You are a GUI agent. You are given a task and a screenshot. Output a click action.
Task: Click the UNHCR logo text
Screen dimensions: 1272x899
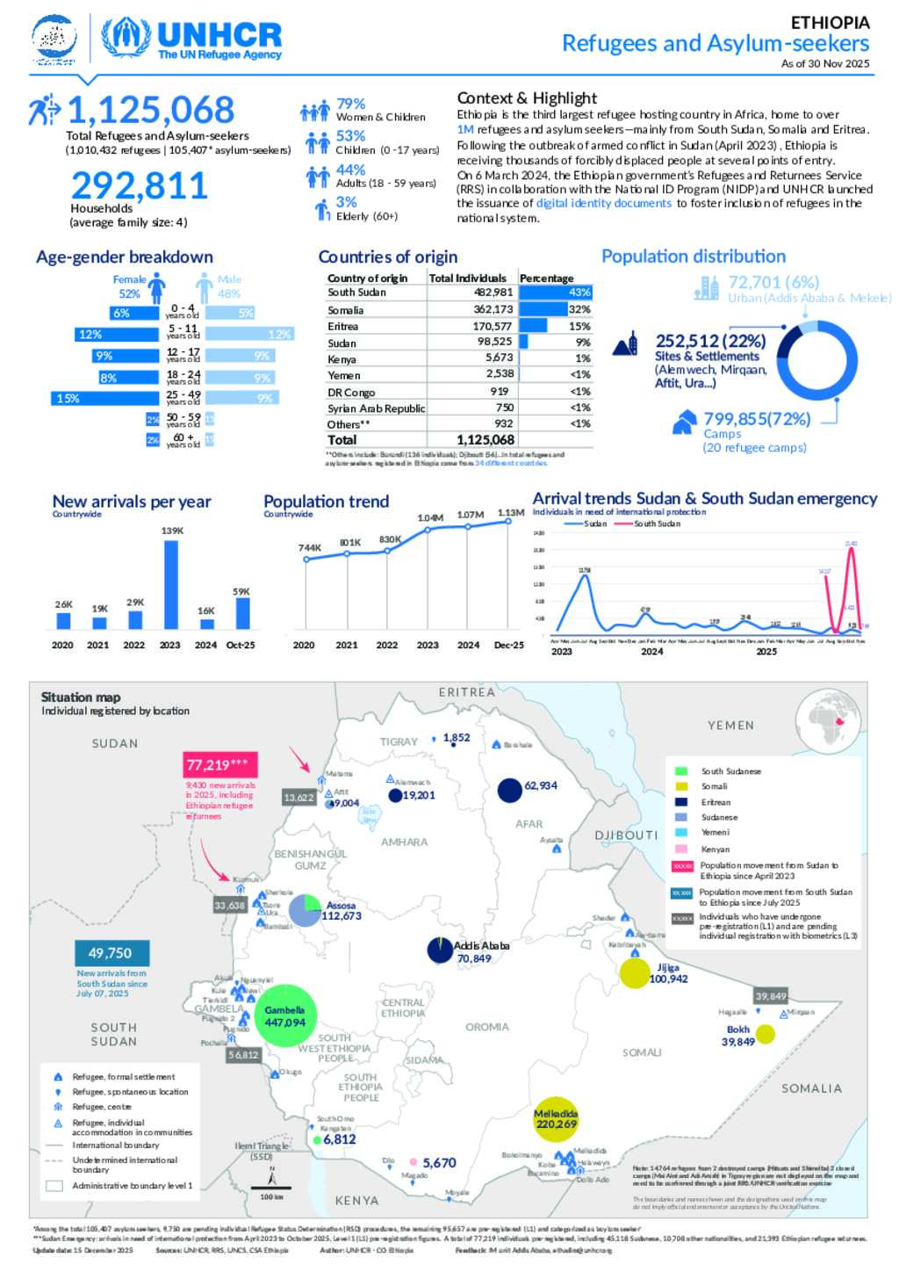(219, 35)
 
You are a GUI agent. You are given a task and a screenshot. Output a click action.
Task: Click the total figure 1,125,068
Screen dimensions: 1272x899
(151, 111)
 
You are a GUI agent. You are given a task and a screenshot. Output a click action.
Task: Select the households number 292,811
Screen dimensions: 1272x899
(139, 185)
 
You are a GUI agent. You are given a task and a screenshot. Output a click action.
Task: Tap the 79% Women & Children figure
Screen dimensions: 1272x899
(350, 104)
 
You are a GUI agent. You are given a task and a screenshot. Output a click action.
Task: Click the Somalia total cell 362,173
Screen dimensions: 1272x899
(493, 309)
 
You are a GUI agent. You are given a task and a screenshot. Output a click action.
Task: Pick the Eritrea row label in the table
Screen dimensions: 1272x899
(343, 326)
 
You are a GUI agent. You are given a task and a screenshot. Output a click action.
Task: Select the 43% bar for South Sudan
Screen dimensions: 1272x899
(556, 293)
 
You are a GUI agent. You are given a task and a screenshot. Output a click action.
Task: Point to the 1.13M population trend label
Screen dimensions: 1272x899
(511, 513)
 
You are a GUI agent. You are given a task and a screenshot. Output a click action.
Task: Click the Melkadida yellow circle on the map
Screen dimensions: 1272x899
(556, 1119)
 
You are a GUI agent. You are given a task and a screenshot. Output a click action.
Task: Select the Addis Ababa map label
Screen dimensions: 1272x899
(481, 945)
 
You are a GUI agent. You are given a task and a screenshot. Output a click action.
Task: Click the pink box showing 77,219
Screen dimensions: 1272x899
(219, 764)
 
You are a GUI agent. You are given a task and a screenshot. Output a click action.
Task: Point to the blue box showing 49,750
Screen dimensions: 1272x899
(111, 953)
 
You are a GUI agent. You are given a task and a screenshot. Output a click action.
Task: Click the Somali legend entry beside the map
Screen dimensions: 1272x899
(714, 786)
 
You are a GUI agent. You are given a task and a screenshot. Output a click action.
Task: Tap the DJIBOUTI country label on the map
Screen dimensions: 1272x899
(626, 835)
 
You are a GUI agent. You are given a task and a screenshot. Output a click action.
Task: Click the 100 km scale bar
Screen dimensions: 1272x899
(271, 1188)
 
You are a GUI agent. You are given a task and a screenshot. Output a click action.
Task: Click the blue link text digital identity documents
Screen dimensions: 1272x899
(604, 203)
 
